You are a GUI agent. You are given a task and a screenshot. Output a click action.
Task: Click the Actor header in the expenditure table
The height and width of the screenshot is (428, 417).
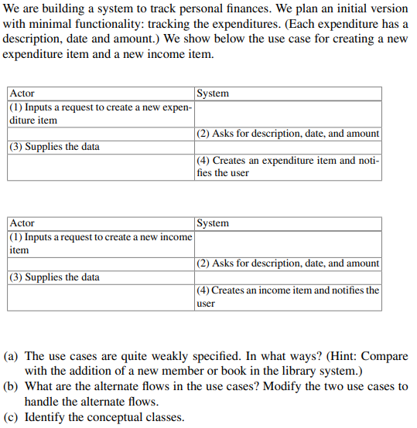click(x=22, y=93)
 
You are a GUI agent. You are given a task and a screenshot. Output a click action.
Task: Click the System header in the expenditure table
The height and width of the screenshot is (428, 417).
click(x=213, y=93)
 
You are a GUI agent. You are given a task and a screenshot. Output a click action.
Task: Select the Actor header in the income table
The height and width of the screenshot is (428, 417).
click(x=22, y=223)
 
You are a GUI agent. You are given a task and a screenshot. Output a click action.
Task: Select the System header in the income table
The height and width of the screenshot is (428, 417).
click(x=213, y=223)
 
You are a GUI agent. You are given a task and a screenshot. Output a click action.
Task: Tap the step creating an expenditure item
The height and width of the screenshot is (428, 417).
click(x=288, y=166)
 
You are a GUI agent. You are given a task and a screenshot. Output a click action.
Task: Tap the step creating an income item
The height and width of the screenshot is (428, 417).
click(x=288, y=297)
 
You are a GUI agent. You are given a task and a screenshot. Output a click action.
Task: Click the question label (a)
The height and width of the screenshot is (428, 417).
click(x=12, y=356)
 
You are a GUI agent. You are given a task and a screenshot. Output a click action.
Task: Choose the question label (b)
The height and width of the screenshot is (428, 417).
click(x=12, y=386)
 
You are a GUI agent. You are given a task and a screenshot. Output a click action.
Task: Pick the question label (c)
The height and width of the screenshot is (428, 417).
click(x=12, y=417)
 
